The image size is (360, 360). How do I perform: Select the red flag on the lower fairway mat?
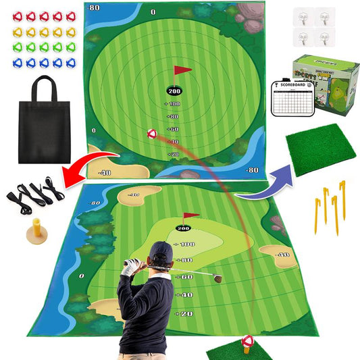click(191, 217)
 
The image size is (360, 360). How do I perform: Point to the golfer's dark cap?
click(162, 253)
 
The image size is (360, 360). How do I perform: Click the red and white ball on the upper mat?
click(152, 134)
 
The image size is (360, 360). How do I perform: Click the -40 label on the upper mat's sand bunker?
click(105, 173)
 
